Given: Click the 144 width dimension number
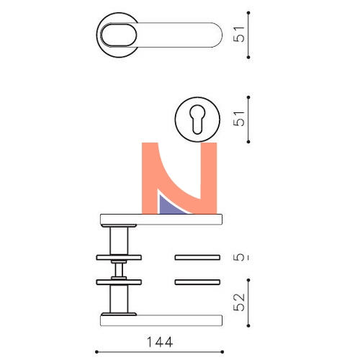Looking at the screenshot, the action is click(160, 342).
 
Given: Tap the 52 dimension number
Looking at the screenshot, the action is click(239, 302).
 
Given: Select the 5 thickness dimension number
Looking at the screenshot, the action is click(239, 257).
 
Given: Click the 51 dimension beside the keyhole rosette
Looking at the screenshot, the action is click(239, 119).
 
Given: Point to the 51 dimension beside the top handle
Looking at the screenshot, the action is click(239, 35).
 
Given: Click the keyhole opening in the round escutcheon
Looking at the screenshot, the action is click(197, 120).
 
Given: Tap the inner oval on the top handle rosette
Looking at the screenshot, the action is click(119, 35).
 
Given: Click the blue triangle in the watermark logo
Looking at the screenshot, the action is click(171, 206).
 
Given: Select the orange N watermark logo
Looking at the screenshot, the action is click(179, 178).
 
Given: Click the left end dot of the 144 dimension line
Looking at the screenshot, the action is click(96, 352).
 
